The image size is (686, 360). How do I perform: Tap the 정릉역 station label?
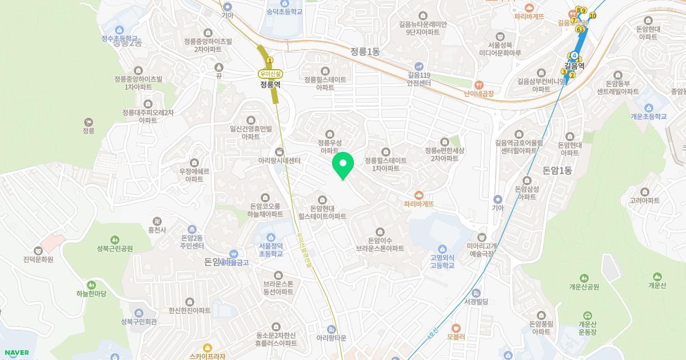pyautogui.click(x=270, y=84)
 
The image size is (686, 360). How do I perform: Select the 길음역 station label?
pyautogui.click(x=574, y=66)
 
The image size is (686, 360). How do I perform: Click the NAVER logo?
pyautogui.click(x=15, y=353)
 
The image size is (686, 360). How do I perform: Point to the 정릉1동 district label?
pyautogui.click(x=366, y=52)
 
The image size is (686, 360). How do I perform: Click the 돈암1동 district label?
pyautogui.click(x=557, y=170)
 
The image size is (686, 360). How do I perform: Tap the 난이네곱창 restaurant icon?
pyautogui.click(x=479, y=84)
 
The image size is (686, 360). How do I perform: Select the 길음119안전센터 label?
pyautogui.click(x=418, y=79)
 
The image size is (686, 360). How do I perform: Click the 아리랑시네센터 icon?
pyautogui.click(x=279, y=151)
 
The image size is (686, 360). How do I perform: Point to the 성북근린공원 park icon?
pyautogui.click(x=115, y=239)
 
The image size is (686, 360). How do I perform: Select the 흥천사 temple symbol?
pyautogui.click(x=157, y=221)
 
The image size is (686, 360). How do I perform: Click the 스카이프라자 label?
pyautogui.click(x=207, y=356)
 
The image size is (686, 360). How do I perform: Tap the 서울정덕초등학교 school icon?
pyautogui.click(x=270, y=237)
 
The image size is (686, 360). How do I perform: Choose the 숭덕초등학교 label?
pyautogui.click(x=284, y=11)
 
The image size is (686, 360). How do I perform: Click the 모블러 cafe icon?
pyautogui.click(x=456, y=328)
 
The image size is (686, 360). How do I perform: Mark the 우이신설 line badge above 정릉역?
pyautogui.click(x=270, y=73)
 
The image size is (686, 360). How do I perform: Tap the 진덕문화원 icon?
pyautogui.click(x=38, y=250)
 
